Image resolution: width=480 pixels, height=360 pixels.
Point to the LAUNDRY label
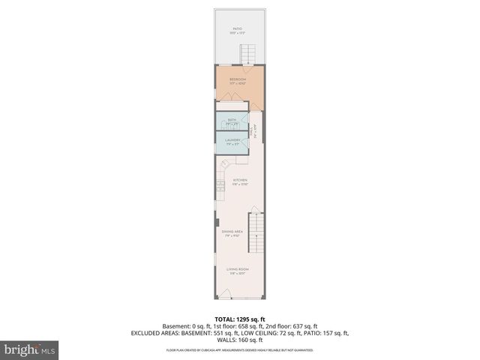coord(232,139)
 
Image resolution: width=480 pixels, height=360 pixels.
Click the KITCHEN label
coord(240,181)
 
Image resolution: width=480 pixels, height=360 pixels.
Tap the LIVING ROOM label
coord(238,268)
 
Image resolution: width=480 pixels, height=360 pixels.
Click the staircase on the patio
coord(249,54)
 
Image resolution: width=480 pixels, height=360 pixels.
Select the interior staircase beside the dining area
coord(257,232)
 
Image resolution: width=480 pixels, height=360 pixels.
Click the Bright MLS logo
coord(30,350)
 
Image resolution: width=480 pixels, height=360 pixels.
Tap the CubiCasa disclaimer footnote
coord(239,349)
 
